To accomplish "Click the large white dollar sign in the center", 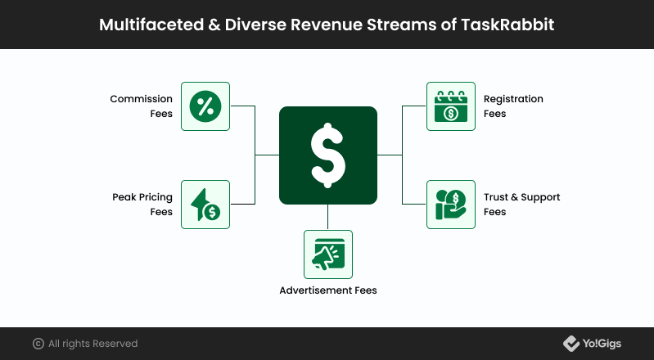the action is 328,155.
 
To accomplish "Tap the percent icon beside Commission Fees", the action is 205,106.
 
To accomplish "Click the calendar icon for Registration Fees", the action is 451,106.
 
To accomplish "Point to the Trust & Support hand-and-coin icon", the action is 451,205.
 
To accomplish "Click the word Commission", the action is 141,99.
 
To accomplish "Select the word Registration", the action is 513,99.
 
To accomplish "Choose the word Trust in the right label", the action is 496,197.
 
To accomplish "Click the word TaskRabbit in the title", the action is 507,25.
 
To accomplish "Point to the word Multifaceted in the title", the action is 151,25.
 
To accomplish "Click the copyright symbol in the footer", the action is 38,344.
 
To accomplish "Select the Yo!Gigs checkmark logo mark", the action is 571,344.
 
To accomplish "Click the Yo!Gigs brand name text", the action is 602,344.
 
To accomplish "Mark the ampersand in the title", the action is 214,25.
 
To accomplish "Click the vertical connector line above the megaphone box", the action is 328,217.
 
